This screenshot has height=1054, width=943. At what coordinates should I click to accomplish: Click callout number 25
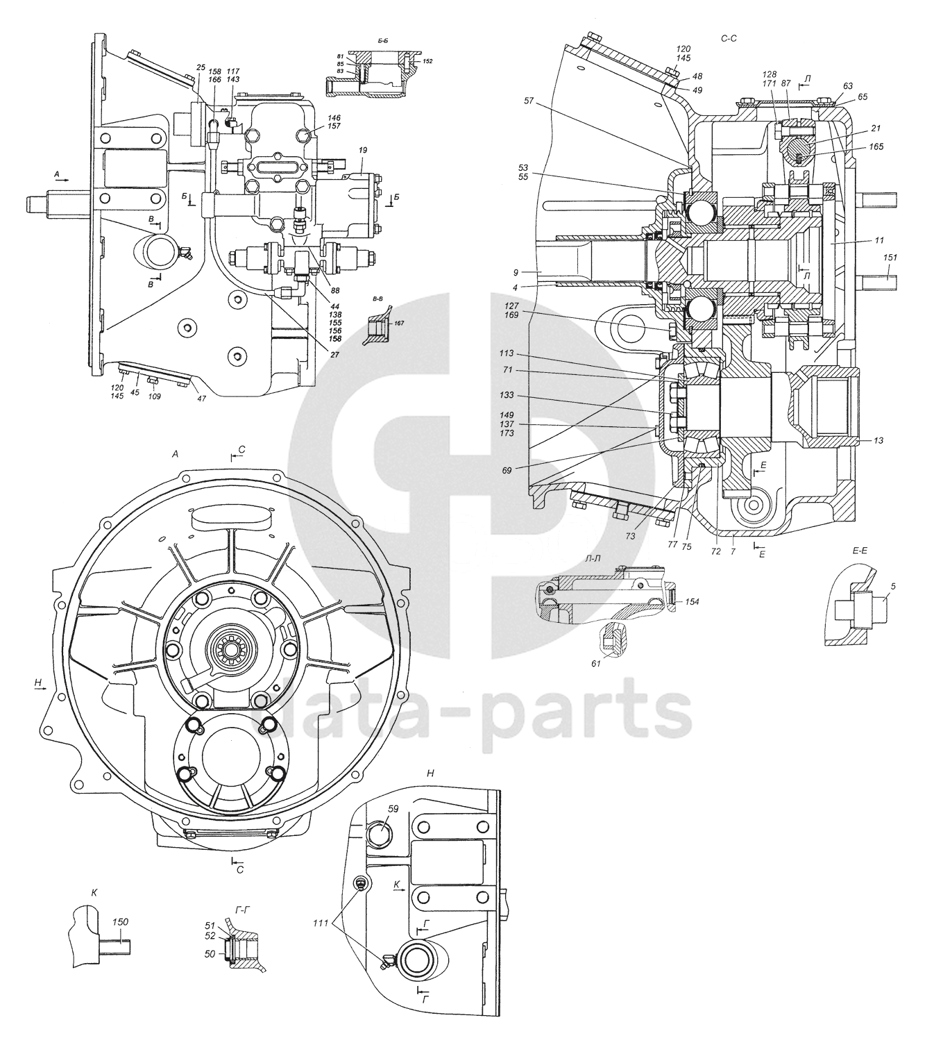point(201,67)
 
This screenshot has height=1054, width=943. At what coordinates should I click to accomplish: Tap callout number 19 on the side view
point(362,149)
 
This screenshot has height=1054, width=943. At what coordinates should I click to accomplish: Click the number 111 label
point(320,922)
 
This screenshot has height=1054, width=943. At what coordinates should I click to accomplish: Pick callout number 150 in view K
point(120,922)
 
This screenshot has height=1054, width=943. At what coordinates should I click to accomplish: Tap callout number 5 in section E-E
point(893,586)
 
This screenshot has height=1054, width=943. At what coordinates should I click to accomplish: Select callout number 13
point(878,440)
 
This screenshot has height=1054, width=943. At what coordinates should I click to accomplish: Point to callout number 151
point(890,258)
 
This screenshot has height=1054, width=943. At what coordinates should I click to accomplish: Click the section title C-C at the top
point(728,39)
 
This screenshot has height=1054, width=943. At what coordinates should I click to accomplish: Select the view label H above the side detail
point(430,773)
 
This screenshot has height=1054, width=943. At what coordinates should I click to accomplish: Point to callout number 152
point(427,61)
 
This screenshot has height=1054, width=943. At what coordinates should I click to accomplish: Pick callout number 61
point(595,664)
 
